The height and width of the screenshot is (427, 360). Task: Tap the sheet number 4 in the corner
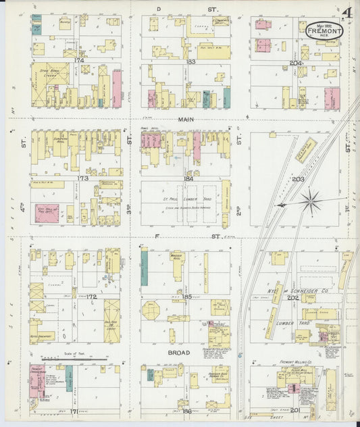346,13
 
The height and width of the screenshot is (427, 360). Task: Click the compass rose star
311,199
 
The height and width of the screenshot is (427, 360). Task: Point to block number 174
80,61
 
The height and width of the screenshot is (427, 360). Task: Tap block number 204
296,63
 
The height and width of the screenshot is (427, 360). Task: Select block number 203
298,179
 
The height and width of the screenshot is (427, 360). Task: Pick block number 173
82,178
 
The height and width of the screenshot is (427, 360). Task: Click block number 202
292,297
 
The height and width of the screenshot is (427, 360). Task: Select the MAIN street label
186,119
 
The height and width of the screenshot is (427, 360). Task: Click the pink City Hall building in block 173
47,211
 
